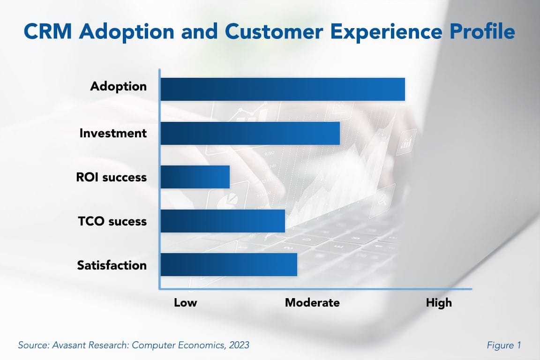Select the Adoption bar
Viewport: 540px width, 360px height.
point(283,89)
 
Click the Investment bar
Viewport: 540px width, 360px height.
point(250,133)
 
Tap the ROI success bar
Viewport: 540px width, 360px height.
point(195,177)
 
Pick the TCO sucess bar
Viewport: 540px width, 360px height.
point(223,221)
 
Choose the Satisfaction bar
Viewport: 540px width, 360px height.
point(229,265)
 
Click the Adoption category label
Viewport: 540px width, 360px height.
point(119,87)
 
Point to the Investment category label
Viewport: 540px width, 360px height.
point(113,133)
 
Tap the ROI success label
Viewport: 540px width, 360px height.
point(112,178)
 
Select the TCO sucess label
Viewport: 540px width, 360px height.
point(112,221)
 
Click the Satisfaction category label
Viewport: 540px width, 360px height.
point(112,265)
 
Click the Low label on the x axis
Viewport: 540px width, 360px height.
point(185,302)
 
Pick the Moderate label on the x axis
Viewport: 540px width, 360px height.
point(312,302)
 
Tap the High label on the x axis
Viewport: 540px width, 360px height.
point(439,302)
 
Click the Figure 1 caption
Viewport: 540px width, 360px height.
point(504,345)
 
